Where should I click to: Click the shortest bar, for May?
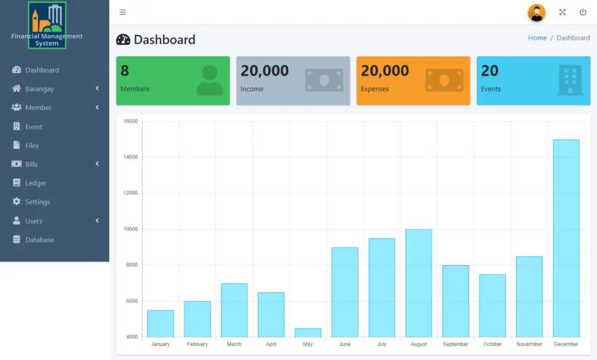click(308, 333)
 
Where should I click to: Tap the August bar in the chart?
click(419, 283)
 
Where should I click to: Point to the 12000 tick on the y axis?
click(131, 193)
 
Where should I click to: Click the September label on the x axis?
click(455, 344)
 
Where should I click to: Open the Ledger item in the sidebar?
click(36, 183)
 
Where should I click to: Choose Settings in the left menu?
click(37, 202)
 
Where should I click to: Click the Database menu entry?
click(39, 239)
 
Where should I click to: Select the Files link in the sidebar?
click(31, 146)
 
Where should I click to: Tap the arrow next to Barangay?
click(97, 89)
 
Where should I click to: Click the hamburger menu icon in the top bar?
click(122, 12)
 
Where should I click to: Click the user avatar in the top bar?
click(536, 12)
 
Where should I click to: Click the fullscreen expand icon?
click(563, 12)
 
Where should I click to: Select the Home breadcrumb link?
click(537, 38)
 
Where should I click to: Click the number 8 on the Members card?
click(125, 71)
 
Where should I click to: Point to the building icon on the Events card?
click(570, 80)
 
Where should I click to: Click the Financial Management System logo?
click(47, 25)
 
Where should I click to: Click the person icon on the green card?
click(209, 80)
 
